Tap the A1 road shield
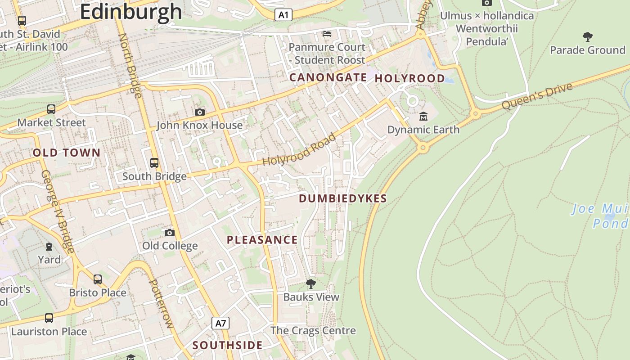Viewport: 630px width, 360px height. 283,15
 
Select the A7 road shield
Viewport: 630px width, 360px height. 220,323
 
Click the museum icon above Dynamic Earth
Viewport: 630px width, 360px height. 423,117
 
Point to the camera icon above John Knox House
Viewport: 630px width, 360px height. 200,112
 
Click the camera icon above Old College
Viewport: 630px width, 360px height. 170,233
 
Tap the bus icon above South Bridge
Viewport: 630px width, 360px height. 154,162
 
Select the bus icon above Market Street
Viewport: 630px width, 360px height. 51,109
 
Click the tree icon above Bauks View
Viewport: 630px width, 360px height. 310,284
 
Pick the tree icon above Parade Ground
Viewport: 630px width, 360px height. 587,36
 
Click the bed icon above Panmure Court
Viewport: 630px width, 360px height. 327,34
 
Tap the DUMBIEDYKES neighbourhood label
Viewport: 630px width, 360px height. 343,198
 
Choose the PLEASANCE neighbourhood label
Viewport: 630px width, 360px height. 262,240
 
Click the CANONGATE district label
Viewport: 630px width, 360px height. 328,77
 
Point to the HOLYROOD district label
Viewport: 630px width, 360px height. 410,78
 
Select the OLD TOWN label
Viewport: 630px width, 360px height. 67,153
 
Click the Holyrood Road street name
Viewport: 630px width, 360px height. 299,149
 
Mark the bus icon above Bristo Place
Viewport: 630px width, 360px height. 98,279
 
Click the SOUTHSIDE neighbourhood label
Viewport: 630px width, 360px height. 228,345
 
